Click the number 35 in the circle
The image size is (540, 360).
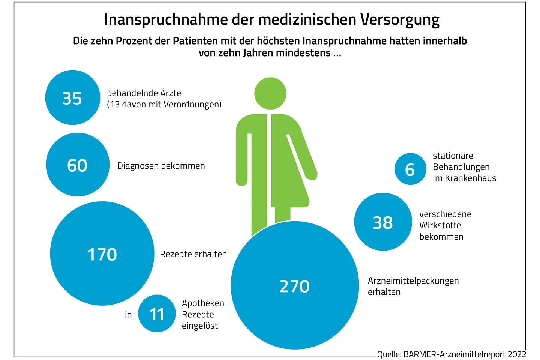click(72, 98)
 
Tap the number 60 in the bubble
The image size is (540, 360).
click(77, 165)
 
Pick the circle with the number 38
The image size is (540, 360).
click(383, 222)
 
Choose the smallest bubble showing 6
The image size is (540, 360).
click(410, 169)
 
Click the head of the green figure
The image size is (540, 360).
click(270, 93)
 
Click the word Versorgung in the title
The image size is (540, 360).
click(400, 20)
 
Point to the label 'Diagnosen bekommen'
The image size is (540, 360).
click(161, 166)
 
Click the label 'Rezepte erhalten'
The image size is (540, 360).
click(193, 254)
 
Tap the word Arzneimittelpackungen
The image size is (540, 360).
click(413, 281)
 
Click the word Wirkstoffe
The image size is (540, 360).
click(440, 225)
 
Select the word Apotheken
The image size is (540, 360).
click(203, 303)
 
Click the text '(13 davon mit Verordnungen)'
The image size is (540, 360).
click(164, 104)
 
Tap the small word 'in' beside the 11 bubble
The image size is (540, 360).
click(128, 315)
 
